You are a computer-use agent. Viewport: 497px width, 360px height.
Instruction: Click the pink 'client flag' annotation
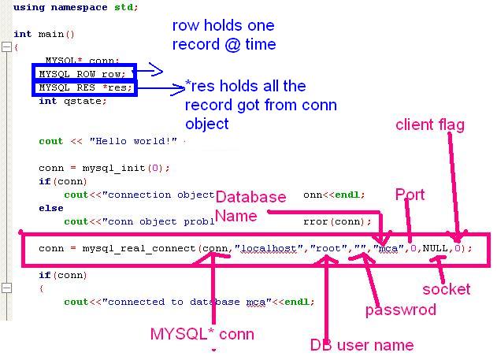coord(430,124)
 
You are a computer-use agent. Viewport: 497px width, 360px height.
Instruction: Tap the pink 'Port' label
coord(410,195)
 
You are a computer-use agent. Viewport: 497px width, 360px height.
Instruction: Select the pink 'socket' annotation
coord(447,289)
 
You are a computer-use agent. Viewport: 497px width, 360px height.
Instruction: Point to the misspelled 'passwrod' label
coord(400,310)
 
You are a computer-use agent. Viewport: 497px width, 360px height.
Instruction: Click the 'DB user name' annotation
coord(362,344)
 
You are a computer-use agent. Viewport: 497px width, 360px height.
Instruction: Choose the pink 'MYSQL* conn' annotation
coord(202,334)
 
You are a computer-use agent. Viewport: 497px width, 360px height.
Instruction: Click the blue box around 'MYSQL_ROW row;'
coord(84,72)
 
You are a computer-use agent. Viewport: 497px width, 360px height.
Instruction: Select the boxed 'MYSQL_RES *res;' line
coord(84,87)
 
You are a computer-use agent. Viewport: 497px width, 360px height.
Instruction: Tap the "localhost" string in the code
coord(270,248)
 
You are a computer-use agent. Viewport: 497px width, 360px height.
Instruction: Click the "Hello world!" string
coord(135,142)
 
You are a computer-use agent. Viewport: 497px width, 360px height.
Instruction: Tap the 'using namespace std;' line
coord(76,7)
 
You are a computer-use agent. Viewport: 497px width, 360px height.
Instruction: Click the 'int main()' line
coord(44,34)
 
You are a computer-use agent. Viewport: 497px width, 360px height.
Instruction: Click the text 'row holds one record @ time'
coord(224,35)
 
